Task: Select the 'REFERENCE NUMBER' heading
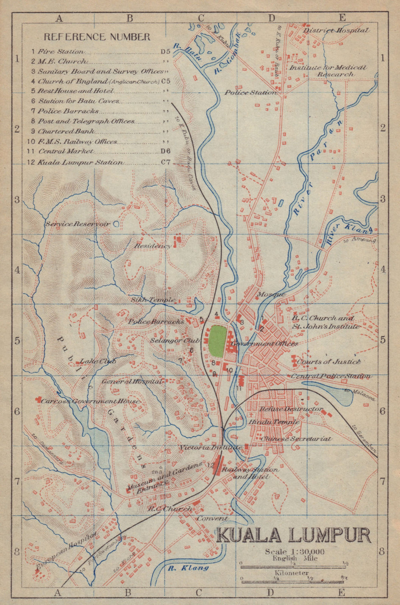[x=97, y=37]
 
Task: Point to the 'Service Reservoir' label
[x=78, y=224]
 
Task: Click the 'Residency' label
[x=152, y=246]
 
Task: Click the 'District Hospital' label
[x=335, y=30]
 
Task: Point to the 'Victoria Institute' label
[x=210, y=448]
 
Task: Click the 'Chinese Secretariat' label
[x=296, y=438]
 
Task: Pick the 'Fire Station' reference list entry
[x=61, y=52]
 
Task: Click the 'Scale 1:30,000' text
[x=294, y=551]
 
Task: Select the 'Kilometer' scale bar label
[x=294, y=573]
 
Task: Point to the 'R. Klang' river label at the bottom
[x=188, y=567]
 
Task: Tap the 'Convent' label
[x=212, y=518]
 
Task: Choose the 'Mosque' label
[x=271, y=295]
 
